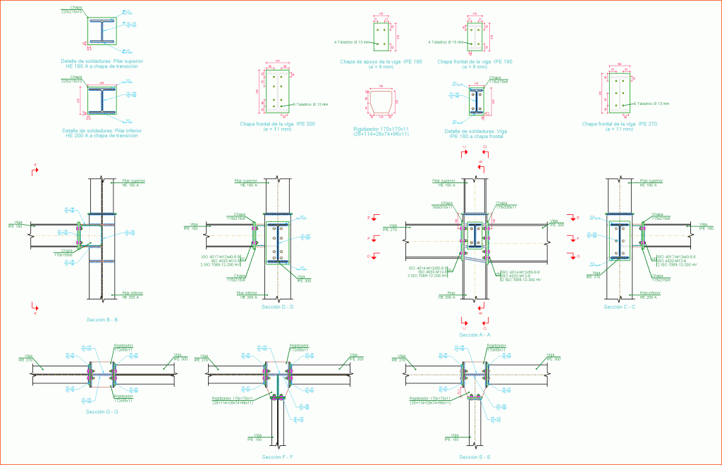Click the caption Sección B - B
point(102,320)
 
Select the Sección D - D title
point(277,307)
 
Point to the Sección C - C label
point(620,307)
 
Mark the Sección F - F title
point(277,457)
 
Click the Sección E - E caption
point(475,457)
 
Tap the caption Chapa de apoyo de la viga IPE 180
point(381,64)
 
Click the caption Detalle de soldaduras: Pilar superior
point(103,63)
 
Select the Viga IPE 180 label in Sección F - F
point(255,438)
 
